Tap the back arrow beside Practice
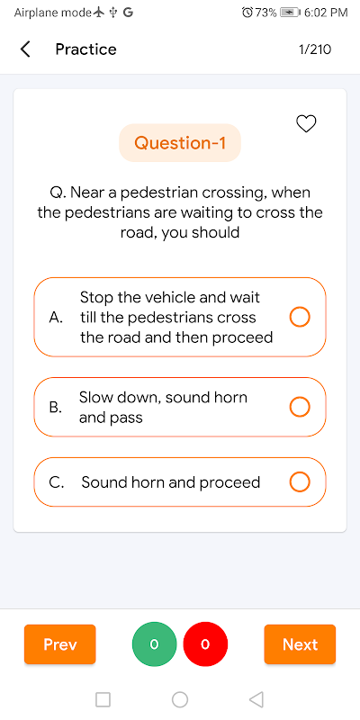[25, 49]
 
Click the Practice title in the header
[85, 49]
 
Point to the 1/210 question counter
[315, 49]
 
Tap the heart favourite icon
[306, 124]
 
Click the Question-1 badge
[180, 143]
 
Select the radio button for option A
[300, 317]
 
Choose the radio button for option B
[300, 407]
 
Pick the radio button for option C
[300, 482]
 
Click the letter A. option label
[56, 318]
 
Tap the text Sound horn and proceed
[171, 482]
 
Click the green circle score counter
[154, 644]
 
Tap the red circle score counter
[205, 644]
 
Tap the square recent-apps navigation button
[103, 700]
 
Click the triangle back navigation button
[256, 700]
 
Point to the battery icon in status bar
[289, 13]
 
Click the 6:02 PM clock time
[326, 13]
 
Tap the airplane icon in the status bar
[98, 13]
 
